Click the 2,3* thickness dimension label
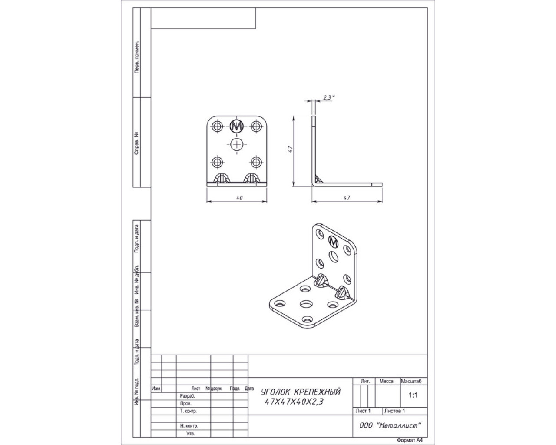click(327, 98)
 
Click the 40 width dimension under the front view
click(239, 198)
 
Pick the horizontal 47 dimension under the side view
click(346, 198)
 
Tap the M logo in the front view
click(237, 126)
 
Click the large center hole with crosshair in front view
click(237, 145)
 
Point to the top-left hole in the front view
click(218, 126)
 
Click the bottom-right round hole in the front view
click(256, 163)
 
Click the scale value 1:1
click(413, 396)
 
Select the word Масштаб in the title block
click(414, 381)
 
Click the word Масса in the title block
click(386, 381)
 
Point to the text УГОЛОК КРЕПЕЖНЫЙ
click(301, 392)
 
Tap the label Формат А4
click(410, 440)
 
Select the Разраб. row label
click(187, 396)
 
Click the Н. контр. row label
click(189, 426)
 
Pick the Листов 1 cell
click(394, 411)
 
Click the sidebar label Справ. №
click(137, 143)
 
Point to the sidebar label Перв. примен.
click(137, 57)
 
